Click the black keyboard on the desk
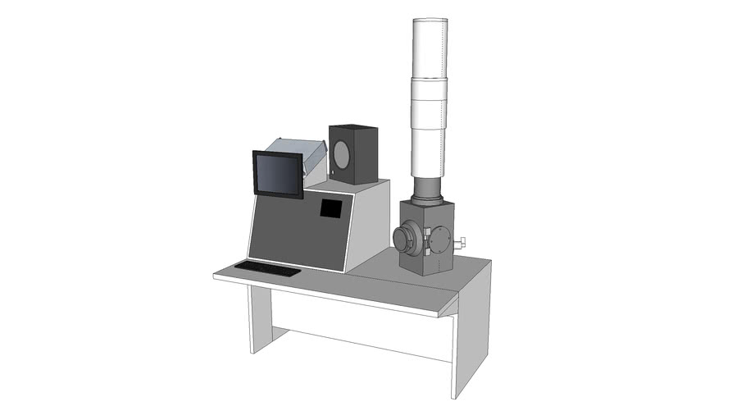click(267, 268)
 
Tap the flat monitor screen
click(278, 174)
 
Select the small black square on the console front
click(330, 208)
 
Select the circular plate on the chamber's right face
click(440, 240)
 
